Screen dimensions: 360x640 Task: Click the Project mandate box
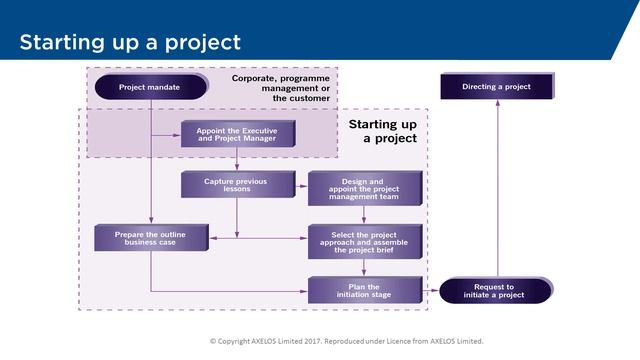150,87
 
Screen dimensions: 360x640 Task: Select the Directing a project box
496,87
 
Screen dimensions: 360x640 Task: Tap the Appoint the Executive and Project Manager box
236,135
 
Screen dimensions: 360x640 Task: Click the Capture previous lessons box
238,184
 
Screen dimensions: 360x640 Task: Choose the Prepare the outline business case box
152,238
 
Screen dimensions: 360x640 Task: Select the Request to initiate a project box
496,290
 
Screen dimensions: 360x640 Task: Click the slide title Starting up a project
130,42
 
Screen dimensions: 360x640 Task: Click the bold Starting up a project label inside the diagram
382,131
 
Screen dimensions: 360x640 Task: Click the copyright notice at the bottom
346,341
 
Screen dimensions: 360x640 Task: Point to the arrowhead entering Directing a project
496,105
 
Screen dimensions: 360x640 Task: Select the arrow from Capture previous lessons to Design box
301,185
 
